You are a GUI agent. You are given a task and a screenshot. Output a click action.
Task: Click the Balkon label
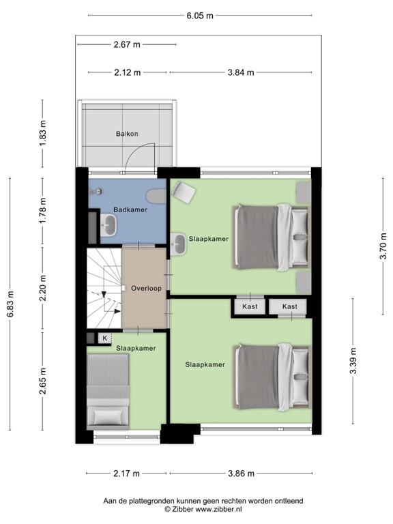click(x=126, y=134)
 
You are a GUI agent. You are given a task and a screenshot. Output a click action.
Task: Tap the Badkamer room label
click(x=130, y=209)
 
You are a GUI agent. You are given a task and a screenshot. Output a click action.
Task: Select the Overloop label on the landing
click(x=145, y=289)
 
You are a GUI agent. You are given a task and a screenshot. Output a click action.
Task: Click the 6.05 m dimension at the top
click(x=199, y=15)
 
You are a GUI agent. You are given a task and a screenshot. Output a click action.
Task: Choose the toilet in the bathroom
click(x=157, y=197)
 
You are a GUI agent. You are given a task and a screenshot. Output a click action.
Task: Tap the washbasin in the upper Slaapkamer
click(x=179, y=244)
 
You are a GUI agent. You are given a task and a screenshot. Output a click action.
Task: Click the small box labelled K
click(x=104, y=338)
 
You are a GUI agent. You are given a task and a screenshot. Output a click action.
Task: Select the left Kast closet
click(x=249, y=307)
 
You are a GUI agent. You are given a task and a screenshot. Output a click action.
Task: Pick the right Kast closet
click(x=289, y=307)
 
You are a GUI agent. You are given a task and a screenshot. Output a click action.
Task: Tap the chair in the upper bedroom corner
click(x=184, y=192)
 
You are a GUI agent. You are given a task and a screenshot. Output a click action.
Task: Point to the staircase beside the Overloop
click(x=103, y=287)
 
